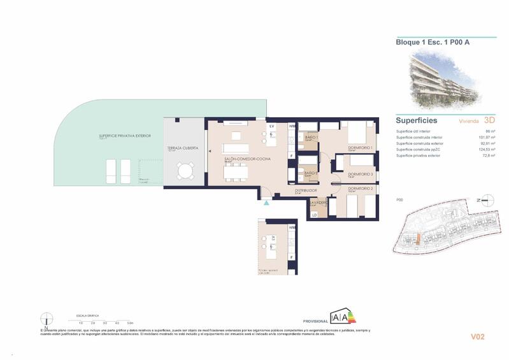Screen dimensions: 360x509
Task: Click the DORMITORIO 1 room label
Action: [x=361, y=148]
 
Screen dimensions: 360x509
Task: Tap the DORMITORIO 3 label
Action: [x=361, y=174]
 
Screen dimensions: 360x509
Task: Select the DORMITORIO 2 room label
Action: [x=361, y=189]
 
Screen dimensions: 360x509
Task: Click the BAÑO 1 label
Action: [x=312, y=137]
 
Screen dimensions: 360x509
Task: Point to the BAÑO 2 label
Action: [x=311, y=173]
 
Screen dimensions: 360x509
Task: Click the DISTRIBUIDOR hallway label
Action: [x=306, y=190]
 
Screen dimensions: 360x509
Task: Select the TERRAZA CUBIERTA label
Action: [x=183, y=148]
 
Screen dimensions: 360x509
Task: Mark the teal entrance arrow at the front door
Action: [x=266, y=203]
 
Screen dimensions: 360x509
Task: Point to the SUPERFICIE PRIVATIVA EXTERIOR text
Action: [x=125, y=136]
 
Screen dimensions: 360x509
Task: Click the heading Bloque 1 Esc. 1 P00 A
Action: [x=424, y=43]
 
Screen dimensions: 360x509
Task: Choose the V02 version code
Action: [x=478, y=336]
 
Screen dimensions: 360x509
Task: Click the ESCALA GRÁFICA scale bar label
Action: [x=89, y=316]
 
